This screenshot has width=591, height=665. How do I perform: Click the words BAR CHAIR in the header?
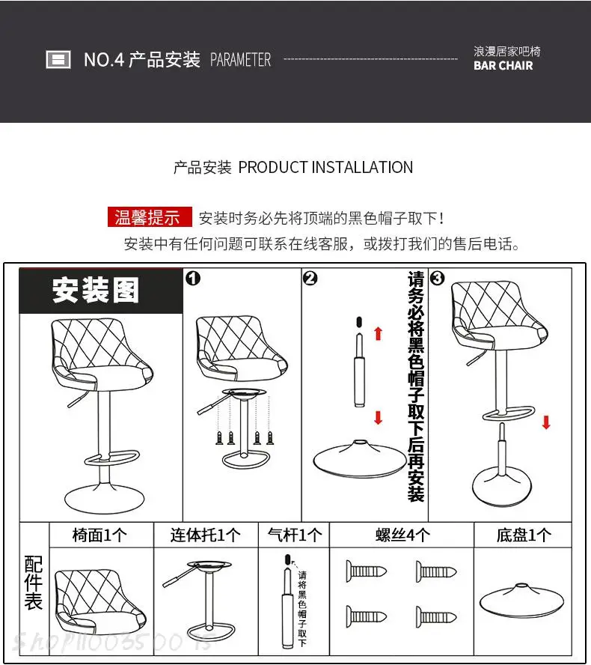[x=503, y=66]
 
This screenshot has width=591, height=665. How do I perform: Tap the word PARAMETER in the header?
[x=240, y=60]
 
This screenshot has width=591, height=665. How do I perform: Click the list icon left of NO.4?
[x=58, y=60]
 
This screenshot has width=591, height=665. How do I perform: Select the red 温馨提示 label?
[x=148, y=218]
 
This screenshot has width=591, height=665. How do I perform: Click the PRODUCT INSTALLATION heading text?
[x=325, y=167]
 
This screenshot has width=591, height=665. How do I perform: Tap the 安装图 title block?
[x=97, y=291]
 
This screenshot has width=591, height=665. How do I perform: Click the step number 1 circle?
[x=192, y=279]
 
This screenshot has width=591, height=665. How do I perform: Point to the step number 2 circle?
[x=310, y=279]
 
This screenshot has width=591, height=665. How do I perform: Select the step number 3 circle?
[x=438, y=279]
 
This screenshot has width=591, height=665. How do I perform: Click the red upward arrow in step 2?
[x=378, y=332]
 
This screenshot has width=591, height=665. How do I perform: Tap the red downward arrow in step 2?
[x=378, y=417]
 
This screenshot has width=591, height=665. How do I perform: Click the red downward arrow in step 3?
[x=546, y=422]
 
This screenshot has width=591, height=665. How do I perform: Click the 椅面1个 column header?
[x=100, y=535]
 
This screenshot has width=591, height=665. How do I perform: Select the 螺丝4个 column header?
[x=402, y=535]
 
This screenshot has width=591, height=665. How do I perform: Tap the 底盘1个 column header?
[x=523, y=535]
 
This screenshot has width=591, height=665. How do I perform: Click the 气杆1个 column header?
[x=295, y=535]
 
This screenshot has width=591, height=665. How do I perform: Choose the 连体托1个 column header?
[x=206, y=535]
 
